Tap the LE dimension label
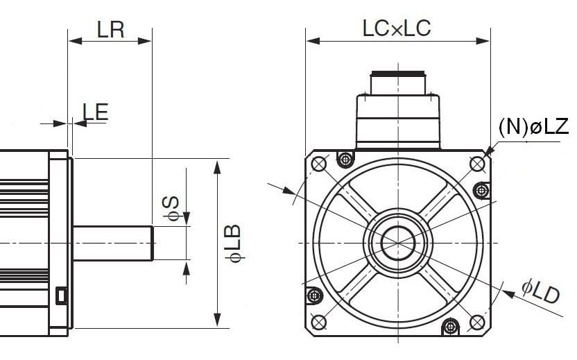96,112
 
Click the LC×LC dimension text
396,28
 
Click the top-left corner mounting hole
319,164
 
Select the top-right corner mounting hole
477,164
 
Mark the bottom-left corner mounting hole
319,322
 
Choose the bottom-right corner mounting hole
477,322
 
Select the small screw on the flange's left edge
315,296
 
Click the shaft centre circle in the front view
398,242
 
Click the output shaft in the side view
113,243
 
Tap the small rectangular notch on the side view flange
61,295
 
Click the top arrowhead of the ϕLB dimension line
218,165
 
